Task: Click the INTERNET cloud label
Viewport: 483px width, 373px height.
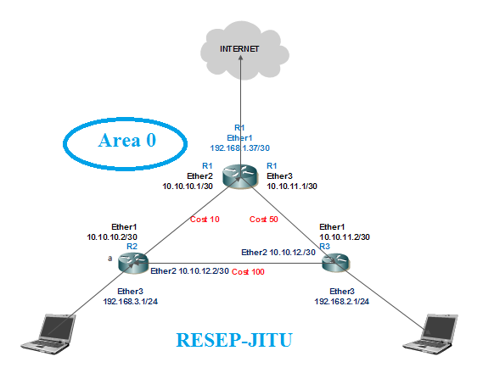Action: click(x=239, y=49)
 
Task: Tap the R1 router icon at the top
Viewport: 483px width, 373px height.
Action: click(x=240, y=178)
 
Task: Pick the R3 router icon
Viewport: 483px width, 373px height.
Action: click(x=335, y=263)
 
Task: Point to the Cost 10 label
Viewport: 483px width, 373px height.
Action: click(x=204, y=219)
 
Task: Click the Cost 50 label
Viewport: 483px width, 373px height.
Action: click(x=263, y=219)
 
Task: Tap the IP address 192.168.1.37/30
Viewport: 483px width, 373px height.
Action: click(x=239, y=146)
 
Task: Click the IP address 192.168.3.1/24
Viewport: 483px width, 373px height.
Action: click(x=130, y=300)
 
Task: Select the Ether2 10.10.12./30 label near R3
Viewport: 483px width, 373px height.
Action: click(x=278, y=252)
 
